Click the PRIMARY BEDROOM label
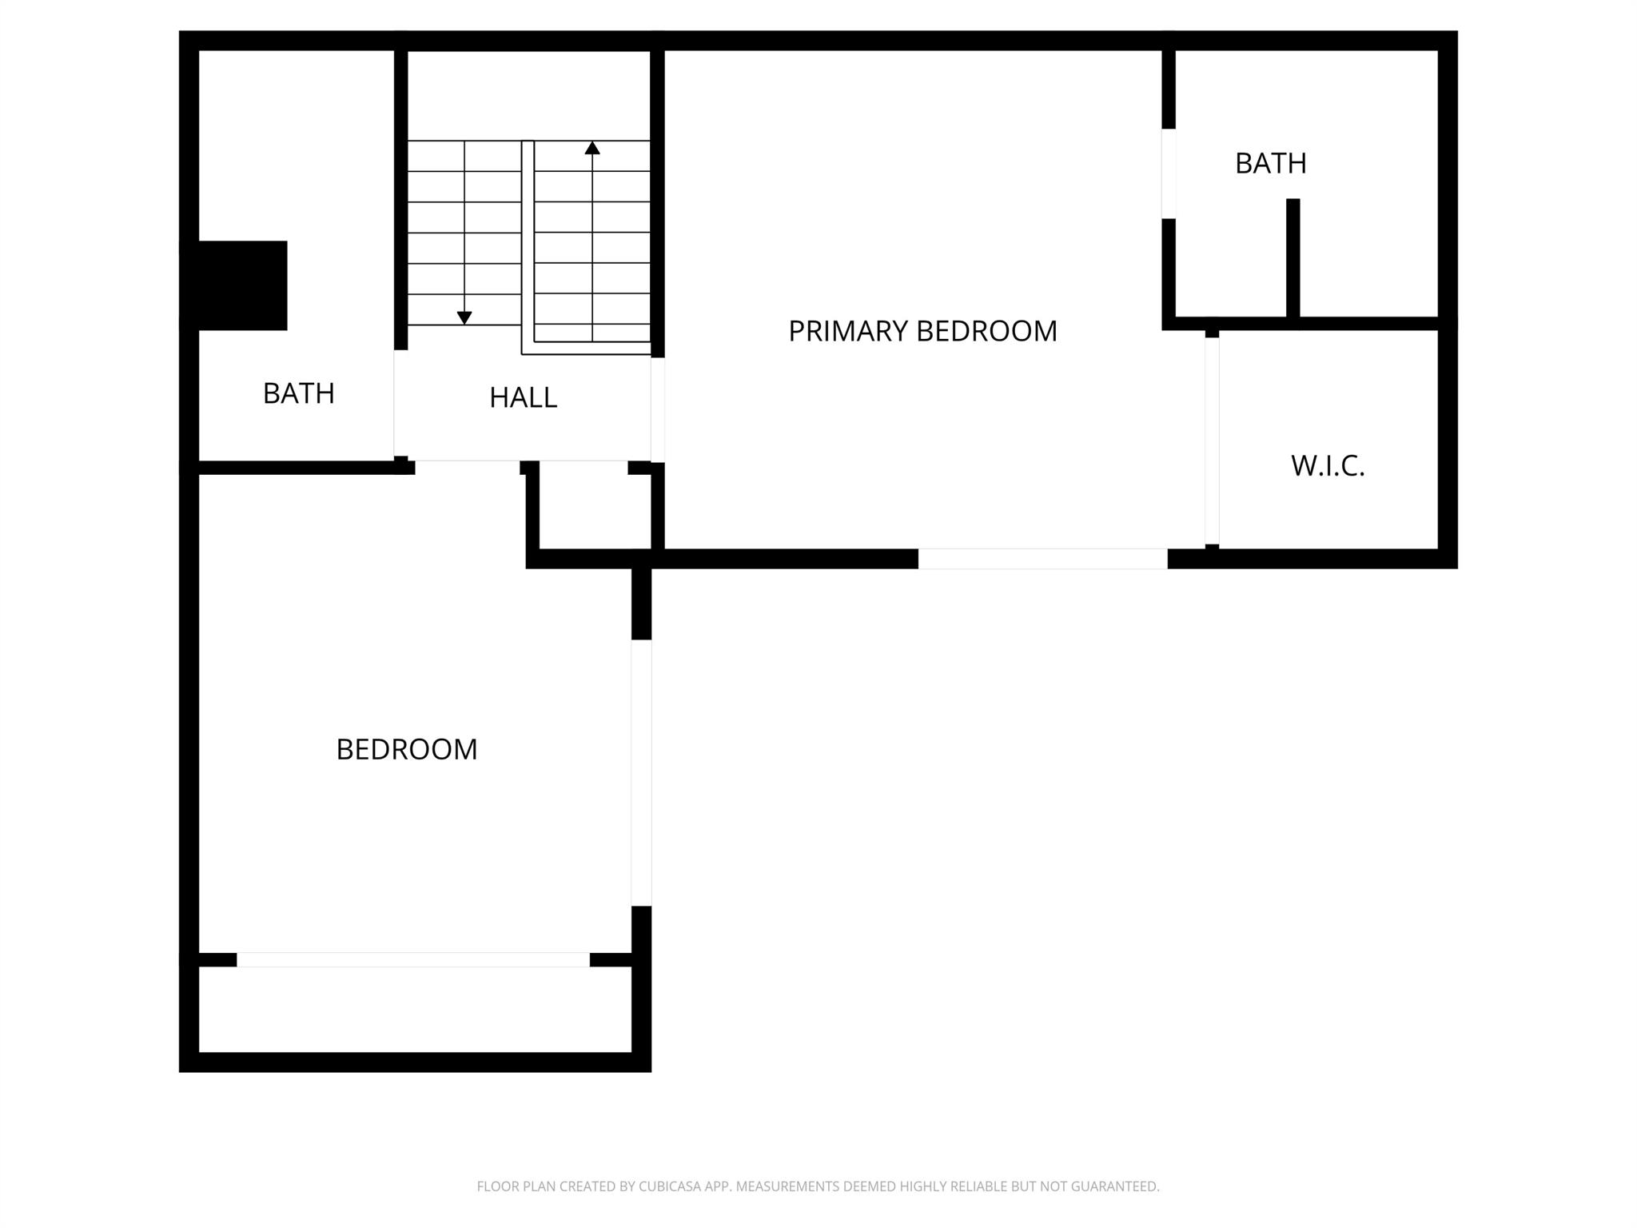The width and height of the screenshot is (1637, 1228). point(922,331)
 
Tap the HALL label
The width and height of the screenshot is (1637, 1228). point(523,397)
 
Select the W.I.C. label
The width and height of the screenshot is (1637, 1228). point(1328,465)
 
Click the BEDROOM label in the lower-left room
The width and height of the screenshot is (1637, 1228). point(407,749)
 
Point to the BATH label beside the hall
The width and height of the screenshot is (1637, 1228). point(299,393)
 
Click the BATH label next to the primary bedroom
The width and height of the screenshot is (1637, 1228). point(1271,163)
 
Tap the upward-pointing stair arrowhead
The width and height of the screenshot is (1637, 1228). point(592,148)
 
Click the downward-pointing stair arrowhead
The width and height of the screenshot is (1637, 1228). point(464,318)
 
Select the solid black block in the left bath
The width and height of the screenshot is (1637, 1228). point(233,285)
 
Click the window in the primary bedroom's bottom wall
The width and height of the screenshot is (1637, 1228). point(1042,559)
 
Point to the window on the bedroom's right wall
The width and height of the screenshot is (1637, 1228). point(641,773)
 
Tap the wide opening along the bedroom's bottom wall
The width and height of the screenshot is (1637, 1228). point(413,960)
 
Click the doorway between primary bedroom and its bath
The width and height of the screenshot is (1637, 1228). point(1169,173)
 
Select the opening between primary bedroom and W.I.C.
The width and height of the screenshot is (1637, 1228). point(1212,441)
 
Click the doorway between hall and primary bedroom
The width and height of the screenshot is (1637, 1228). point(658,409)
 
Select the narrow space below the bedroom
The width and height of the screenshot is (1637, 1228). point(415,1010)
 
